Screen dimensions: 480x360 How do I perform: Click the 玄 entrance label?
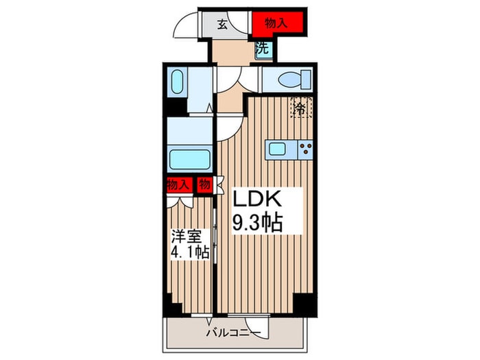point(223,25)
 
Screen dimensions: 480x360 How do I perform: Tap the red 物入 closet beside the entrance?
point(278,23)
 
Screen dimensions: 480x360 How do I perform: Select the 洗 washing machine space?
point(263,49)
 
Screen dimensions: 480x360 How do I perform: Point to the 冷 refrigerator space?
point(301,107)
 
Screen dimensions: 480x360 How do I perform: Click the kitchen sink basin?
point(278,149)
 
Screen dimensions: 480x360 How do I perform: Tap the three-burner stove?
point(305,149)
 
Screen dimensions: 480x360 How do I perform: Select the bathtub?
point(190,159)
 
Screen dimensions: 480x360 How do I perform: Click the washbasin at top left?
point(177,82)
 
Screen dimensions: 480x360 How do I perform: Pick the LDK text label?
point(257,198)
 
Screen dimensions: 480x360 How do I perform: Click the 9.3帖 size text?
point(257,222)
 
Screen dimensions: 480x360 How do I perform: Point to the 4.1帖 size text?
point(190,252)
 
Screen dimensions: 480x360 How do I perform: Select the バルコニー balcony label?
point(233,333)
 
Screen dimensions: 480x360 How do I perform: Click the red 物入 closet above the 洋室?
point(180,185)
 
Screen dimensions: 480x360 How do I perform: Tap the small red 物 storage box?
point(204,184)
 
